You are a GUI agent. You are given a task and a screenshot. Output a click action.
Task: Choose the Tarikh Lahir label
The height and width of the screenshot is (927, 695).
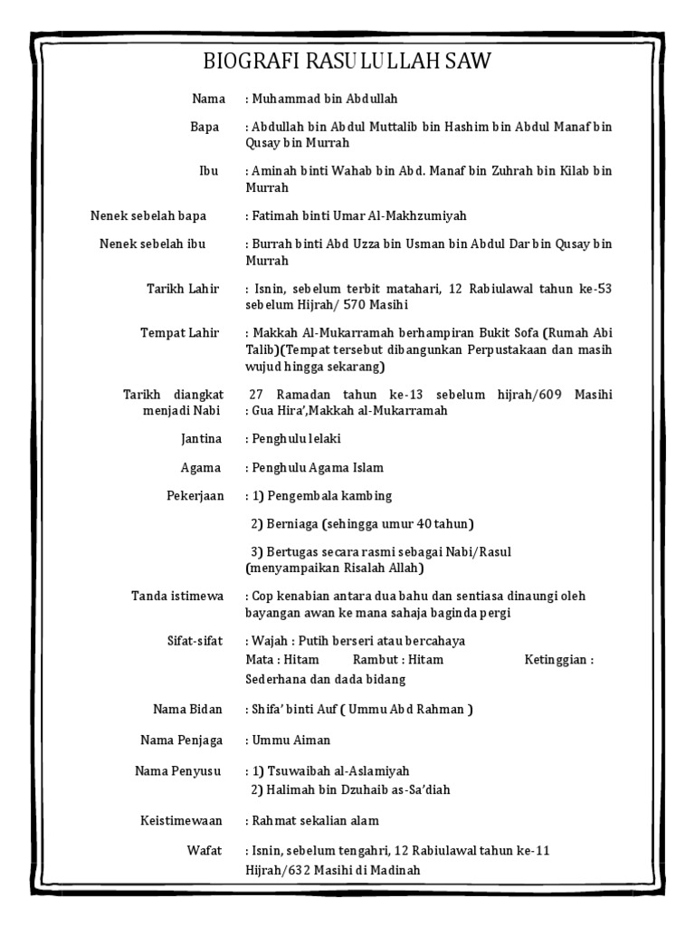click(184, 289)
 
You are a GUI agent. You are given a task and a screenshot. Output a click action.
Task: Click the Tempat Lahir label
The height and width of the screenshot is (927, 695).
click(180, 333)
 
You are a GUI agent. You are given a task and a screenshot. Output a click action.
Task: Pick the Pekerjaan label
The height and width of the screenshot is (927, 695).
click(191, 497)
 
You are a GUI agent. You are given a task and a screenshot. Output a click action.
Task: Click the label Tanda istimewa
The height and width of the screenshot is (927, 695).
click(176, 596)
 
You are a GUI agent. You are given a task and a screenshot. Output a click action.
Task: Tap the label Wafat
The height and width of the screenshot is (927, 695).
click(204, 851)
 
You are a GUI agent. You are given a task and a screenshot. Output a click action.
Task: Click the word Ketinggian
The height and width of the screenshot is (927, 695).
click(557, 661)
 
